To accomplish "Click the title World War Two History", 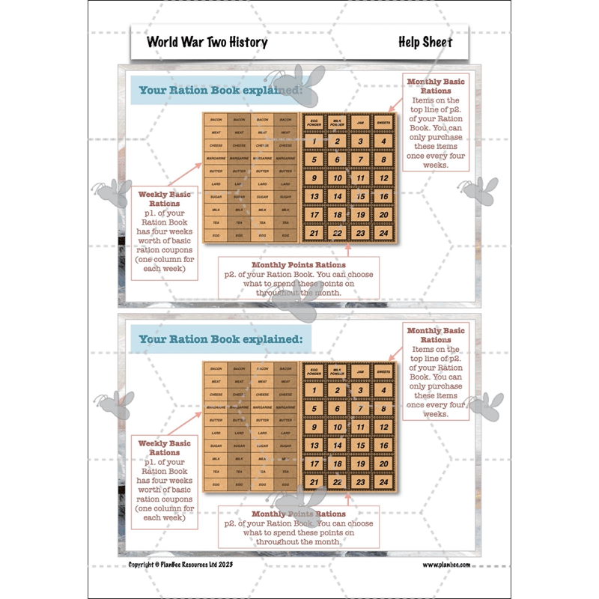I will pos(207,42).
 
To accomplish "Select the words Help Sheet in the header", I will pos(425,42).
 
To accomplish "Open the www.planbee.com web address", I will pos(446,565).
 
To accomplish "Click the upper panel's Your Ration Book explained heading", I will pos(220,91).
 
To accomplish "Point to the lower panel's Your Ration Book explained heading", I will pos(220,339).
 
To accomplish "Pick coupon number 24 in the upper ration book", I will pos(383,233).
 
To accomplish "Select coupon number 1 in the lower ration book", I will pos(315,389).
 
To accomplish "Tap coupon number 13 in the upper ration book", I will pos(315,196).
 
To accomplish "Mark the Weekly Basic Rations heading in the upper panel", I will pos(165,198).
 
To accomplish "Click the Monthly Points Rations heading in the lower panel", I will pos(299,514).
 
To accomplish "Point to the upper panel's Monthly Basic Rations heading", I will pos(436,85).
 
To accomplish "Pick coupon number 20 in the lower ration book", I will pos(383,463).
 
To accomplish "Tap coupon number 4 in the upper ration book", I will pos(383,142).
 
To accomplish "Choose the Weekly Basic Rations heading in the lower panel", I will pos(165,448).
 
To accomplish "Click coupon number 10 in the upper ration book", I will pos(338,178).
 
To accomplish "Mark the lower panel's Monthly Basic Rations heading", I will pos(436,335).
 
